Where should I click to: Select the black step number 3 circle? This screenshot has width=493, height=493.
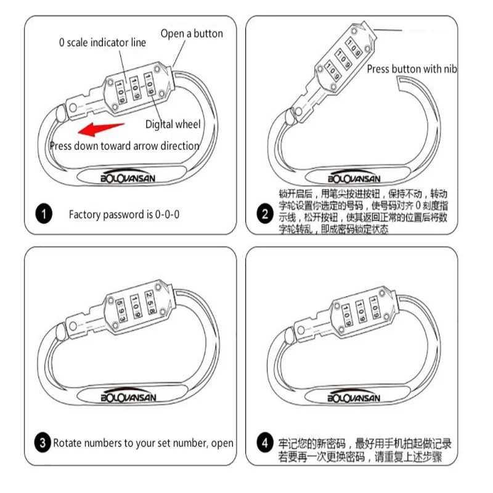pyautogui.click(x=42, y=442)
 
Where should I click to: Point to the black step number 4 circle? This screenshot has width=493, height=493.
pyautogui.click(x=264, y=442)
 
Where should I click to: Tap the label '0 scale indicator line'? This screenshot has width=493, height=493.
pyautogui.click(x=102, y=43)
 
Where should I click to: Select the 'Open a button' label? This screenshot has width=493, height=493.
pyautogui.click(x=192, y=33)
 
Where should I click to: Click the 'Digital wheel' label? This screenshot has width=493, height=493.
pyautogui.click(x=173, y=124)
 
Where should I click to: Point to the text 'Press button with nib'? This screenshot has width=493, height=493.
pyautogui.click(x=412, y=69)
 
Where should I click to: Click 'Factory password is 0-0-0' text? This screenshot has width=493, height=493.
pyautogui.click(x=124, y=215)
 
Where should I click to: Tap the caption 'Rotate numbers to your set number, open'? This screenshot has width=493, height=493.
pyautogui.click(x=143, y=442)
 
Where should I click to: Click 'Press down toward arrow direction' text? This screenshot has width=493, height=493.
pyautogui.click(x=124, y=146)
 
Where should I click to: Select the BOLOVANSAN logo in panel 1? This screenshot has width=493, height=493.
pyautogui.click(x=129, y=177)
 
